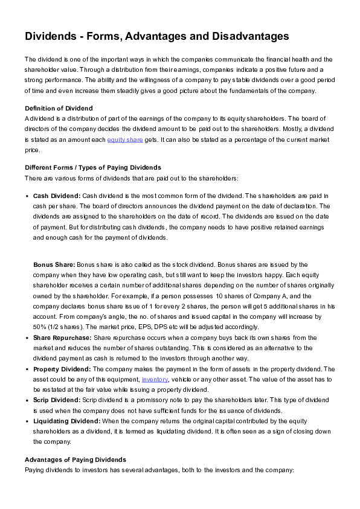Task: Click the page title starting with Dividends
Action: coord(156,37)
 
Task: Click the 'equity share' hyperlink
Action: coord(125,140)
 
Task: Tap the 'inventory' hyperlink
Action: coord(155,379)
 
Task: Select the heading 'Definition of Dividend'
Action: coord(59,108)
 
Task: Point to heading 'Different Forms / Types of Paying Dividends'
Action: coord(92,167)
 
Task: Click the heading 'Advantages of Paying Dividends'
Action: coord(75,460)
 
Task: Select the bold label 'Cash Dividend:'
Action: coord(56,196)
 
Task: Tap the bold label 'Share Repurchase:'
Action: coord(62,338)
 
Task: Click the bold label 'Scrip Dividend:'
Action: coord(57,400)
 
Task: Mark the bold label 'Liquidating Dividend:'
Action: coord(67,420)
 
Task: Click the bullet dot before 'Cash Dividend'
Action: coord(28,197)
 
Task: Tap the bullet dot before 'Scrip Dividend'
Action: coord(28,400)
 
